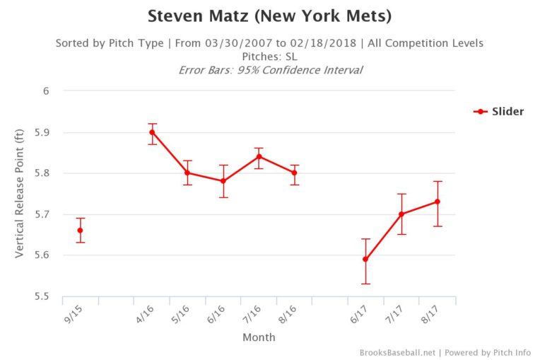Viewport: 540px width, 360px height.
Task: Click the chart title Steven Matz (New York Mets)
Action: pos(269,16)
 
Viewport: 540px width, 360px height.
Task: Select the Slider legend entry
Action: pos(498,111)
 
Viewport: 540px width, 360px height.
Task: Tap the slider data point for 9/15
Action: pos(81,231)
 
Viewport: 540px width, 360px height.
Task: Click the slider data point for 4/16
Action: pos(152,132)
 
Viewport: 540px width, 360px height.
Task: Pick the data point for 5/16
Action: pos(187,173)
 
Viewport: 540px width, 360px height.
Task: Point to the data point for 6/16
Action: pos(223,181)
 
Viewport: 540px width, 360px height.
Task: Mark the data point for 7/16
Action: pos(259,156)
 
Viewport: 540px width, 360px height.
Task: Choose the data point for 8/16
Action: pos(295,173)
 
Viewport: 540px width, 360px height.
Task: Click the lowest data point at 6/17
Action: pos(365,259)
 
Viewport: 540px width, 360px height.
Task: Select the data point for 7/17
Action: pos(401,214)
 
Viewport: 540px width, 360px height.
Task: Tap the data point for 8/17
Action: pos(437,202)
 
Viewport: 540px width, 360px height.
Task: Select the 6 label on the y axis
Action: pos(47,91)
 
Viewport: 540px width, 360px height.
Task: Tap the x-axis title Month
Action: pos(259,337)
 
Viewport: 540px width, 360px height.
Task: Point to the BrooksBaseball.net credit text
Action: pos(399,352)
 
